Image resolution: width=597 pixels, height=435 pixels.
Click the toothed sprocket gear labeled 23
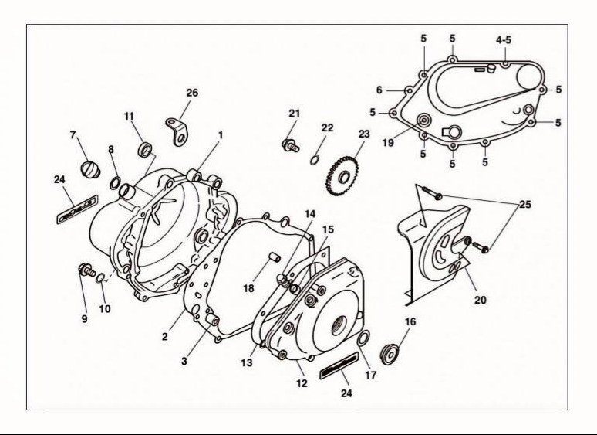342,176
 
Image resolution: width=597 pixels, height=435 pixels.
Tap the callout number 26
192,93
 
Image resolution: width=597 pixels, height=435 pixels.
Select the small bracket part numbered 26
177,131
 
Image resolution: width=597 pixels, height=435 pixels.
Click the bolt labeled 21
291,145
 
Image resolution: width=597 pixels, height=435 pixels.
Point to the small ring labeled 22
314,160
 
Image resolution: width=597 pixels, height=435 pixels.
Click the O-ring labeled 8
115,183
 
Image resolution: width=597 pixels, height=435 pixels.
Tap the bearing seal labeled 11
145,149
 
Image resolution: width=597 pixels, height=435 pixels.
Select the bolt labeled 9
87,270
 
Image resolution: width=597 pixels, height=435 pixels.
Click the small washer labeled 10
100,278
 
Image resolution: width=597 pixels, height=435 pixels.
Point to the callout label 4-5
504,39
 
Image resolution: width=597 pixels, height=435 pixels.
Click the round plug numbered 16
390,354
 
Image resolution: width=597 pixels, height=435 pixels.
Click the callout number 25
525,204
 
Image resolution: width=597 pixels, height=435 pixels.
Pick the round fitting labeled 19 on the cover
423,121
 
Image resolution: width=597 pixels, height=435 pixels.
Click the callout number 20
480,300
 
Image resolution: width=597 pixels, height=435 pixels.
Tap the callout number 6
379,90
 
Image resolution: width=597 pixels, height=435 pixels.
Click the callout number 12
302,383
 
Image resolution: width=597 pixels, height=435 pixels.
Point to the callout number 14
310,214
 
